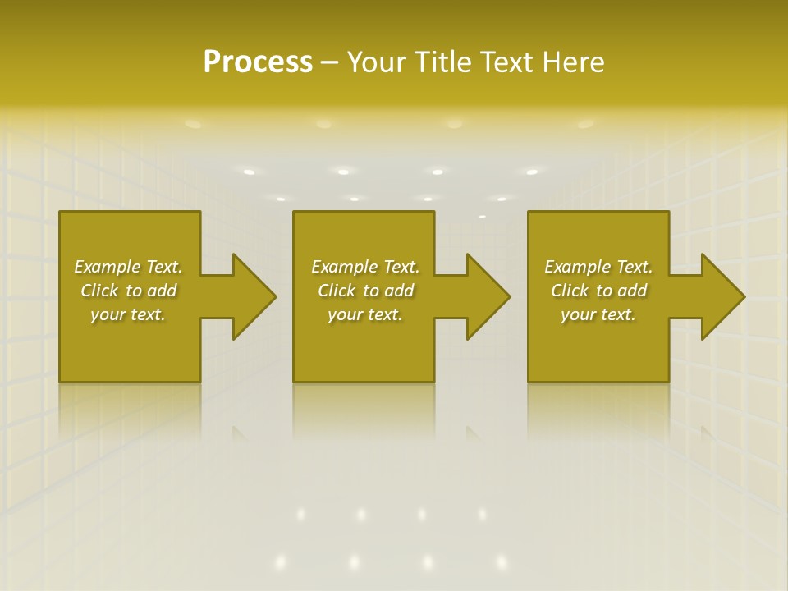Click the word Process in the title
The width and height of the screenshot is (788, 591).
pyautogui.click(x=258, y=62)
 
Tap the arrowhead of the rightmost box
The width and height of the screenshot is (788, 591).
pyautogui.click(x=722, y=296)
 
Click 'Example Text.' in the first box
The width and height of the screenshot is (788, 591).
pyautogui.click(x=128, y=267)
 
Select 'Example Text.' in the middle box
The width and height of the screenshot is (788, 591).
pyautogui.click(x=365, y=267)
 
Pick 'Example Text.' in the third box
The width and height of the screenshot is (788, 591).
pyautogui.click(x=598, y=267)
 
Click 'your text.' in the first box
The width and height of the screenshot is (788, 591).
pyautogui.click(x=128, y=314)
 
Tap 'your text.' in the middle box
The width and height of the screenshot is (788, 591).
pyautogui.click(x=365, y=314)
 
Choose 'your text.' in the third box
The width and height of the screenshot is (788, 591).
pyautogui.click(x=598, y=314)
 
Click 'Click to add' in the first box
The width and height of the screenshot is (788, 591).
pyautogui.click(x=128, y=291)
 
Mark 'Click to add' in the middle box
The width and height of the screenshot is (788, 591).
pyautogui.click(x=365, y=291)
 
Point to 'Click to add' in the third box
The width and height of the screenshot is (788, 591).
pyautogui.click(x=598, y=291)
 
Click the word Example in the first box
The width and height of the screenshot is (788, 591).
pyautogui.click(x=107, y=267)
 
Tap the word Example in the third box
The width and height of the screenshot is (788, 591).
pyautogui.click(x=577, y=267)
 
